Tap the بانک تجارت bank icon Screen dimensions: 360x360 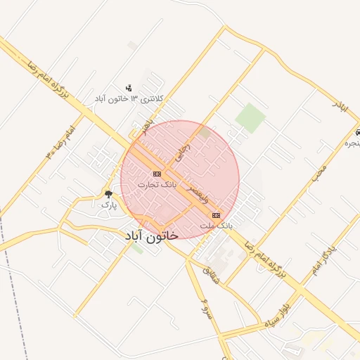156,174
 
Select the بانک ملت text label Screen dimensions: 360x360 215,226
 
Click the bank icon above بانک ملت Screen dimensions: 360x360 215,215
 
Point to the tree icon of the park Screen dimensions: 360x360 108,193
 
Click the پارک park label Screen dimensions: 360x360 108,205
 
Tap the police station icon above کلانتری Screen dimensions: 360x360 129,88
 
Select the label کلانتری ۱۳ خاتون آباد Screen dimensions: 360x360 129,99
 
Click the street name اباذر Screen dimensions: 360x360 340,107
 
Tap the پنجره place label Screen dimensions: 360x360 351,143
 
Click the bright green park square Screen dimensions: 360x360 250,117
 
